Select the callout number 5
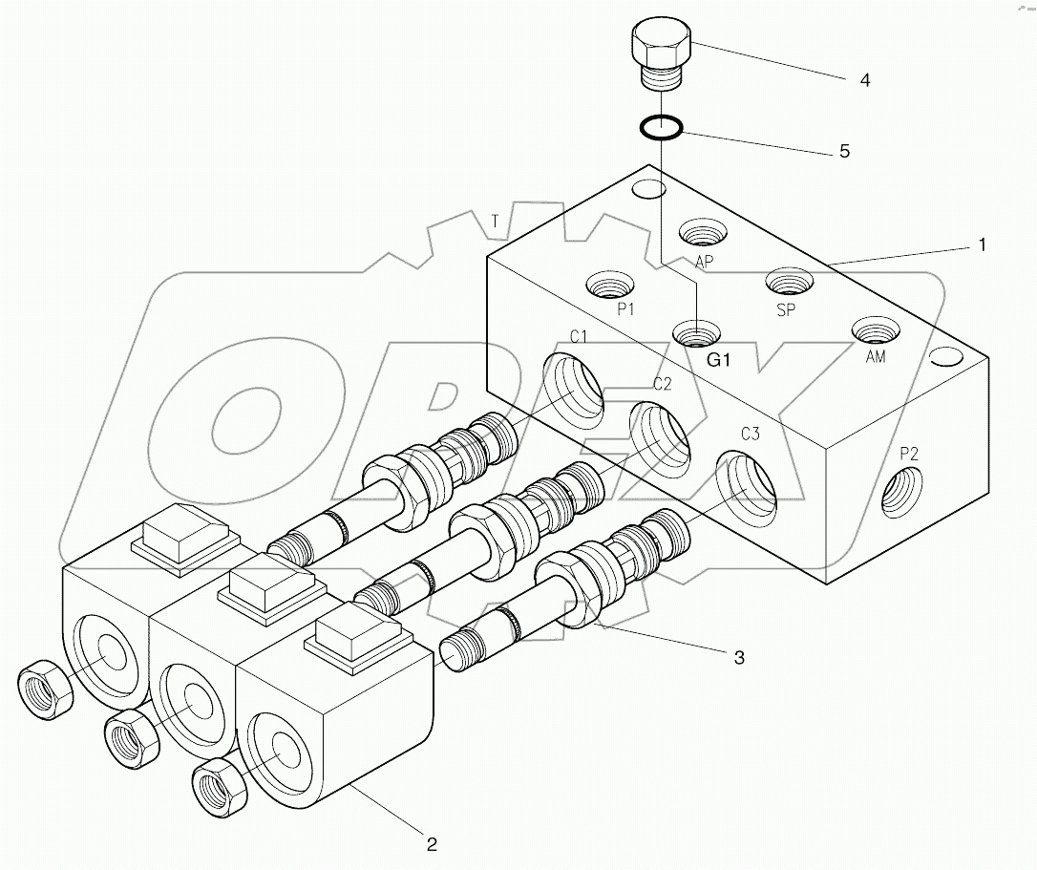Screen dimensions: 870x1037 click(843, 151)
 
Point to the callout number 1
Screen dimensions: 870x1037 click(981, 244)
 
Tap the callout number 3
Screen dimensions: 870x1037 click(739, 657)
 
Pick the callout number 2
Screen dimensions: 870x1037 click(432, 843)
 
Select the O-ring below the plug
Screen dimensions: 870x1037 click(660, 127)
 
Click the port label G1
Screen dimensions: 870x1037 click(718, 360)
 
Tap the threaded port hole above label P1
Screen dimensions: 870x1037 click(610, 284)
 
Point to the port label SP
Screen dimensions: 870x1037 click(786, 310)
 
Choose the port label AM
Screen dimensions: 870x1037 click(875, 357)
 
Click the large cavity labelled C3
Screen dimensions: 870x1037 click(748, 490)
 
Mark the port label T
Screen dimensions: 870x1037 click(495, 221)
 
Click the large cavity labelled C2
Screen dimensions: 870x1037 click(660, 438)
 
